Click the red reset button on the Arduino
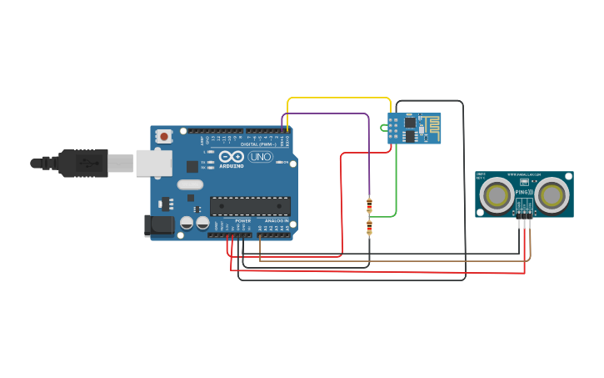(x=164, y=136)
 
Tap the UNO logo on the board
(x=260, y=157)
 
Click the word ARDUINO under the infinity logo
(x=231, y=166)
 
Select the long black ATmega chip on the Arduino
(x=250, y=206)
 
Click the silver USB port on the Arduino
(x=154, y=163)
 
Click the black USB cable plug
(x=83, y=163)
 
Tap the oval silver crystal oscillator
(x=190, y=185)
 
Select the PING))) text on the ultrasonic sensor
(x=523, y=193)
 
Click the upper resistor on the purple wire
(x=369, y=204)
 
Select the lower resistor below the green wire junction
(x=369, y=227)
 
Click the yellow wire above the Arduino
(x=333, y=98)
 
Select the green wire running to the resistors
(x=396, y=184)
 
